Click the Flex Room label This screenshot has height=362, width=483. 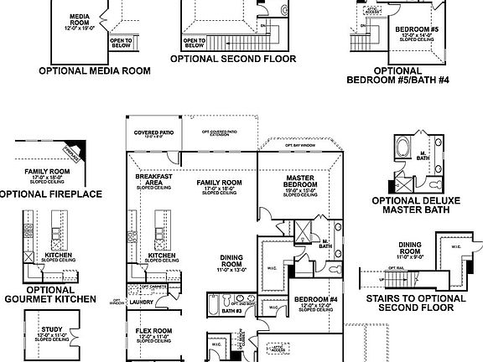tap(153, 331)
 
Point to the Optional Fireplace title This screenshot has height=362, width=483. tap(49, 194)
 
